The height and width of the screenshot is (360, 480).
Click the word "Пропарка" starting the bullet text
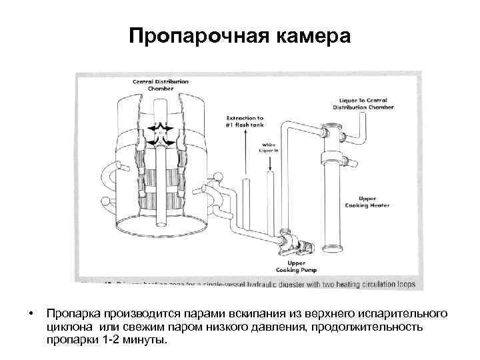click(72, 313)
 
